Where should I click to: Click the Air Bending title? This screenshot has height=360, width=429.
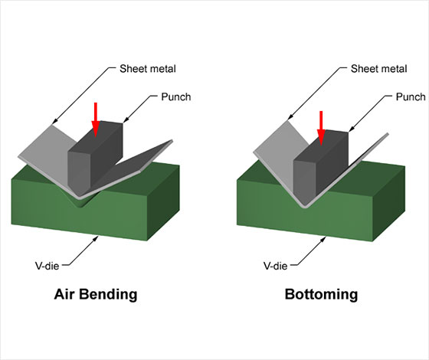pyautogui.click(x=96, y=294)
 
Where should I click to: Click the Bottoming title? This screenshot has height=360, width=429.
pyautogui.click(x=321, y=294)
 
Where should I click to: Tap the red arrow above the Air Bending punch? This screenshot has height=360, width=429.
pyautogui.click(x=95, y=119)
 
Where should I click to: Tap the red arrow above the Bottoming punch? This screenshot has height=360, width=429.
pyautogui.click(x=321, y=128)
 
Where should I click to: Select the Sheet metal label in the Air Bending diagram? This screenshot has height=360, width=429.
pyautogui.click(x=148, y=69)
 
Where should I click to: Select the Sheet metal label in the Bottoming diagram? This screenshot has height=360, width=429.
pyautogui.click(x=379, y=69)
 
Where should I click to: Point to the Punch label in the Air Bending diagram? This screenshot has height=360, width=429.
pyautogui.click(x=176, y=97)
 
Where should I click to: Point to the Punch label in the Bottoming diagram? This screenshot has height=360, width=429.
pyautogui.click(x=411, y=97)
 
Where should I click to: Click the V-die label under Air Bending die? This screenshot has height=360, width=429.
pyautogui.click(x=47, y=266)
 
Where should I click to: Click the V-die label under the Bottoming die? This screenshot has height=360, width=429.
pyautogui.click(x=275, y=266)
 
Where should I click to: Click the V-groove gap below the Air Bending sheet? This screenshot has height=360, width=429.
pyautogui.click(x=80, y=201)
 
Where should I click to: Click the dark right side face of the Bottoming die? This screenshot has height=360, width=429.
pyautogui.click(x=389, y=204)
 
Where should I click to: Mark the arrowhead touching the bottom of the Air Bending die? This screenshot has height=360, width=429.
pyautogui.click(x=96, y=238)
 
